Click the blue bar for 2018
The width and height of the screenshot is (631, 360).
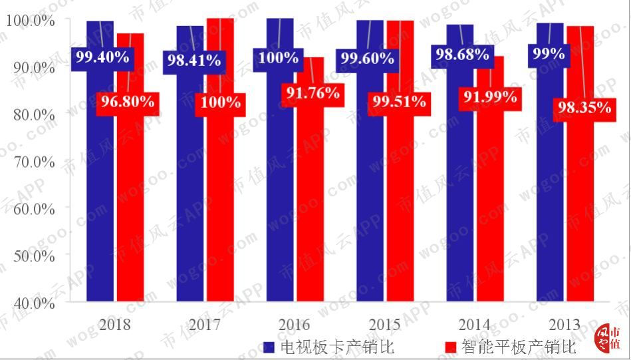(x=100, y=161)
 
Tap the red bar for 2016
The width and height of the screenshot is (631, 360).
(x=311, y=179)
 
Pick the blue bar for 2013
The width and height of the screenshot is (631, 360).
(x=550, y=162)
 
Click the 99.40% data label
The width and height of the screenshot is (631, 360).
(x=102, y=59)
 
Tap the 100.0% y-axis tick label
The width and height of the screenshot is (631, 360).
(x=31, y=21)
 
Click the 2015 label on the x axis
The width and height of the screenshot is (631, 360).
(x=385, y=325)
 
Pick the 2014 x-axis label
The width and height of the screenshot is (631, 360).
(x=475, y=325)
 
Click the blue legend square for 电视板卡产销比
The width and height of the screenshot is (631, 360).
(x=269, y=347)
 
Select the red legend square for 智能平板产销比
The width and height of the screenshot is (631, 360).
(x=451, y=347)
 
